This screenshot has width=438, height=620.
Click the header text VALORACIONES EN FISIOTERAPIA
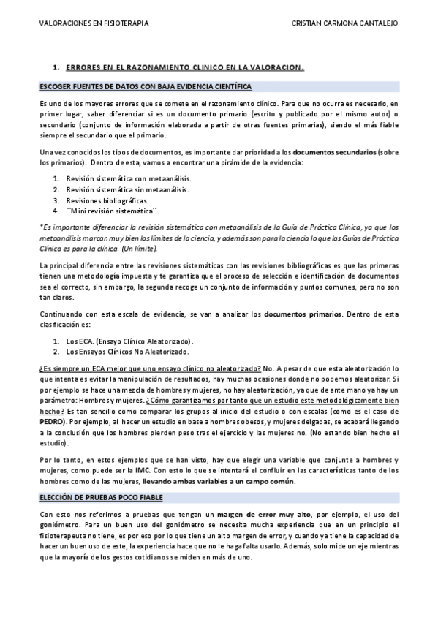[94, 23]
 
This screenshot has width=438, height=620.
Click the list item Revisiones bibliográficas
[107, 200]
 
